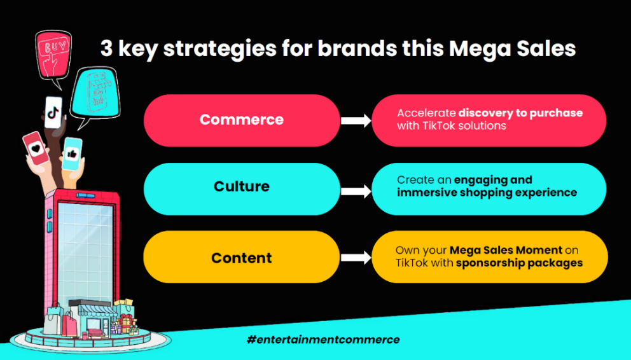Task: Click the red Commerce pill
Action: [x=242, y=120]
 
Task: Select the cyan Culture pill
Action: [x=242, y=189]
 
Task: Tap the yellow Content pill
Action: [x=242, y=256]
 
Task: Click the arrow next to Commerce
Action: [x=356, y=120]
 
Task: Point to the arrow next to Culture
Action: [x=356, y=191]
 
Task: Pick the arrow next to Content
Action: [x=356, y=258]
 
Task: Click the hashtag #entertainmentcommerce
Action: [x=323, y=340]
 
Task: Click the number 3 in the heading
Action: [x=106, y=48]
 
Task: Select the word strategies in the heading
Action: [x=219, y=50]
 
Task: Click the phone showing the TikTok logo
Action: [x=53, y=112]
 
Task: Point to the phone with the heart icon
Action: [x=36, y=148]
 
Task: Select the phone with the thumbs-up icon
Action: [x=73, y=154]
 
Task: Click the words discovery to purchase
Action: [x=520, y=113]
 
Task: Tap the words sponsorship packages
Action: [x=519, y=263]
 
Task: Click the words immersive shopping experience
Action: [x=487, y=193]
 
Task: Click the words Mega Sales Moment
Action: [x=506, y=250]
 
